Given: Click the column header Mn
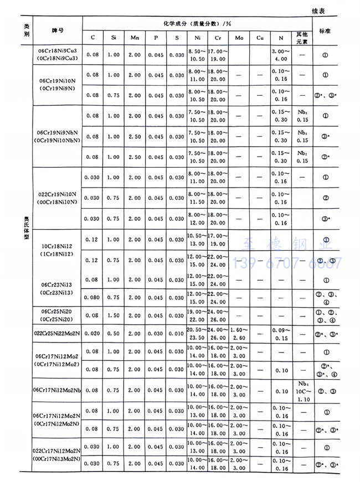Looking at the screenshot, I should coord(135,38).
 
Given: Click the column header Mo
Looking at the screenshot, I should coord(239,38).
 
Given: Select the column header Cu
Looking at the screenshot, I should coord(260,38).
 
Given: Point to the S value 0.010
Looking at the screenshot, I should coord(176,334).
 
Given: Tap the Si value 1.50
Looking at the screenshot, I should coord(114,315).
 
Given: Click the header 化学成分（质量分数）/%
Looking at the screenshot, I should coord(197,24).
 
